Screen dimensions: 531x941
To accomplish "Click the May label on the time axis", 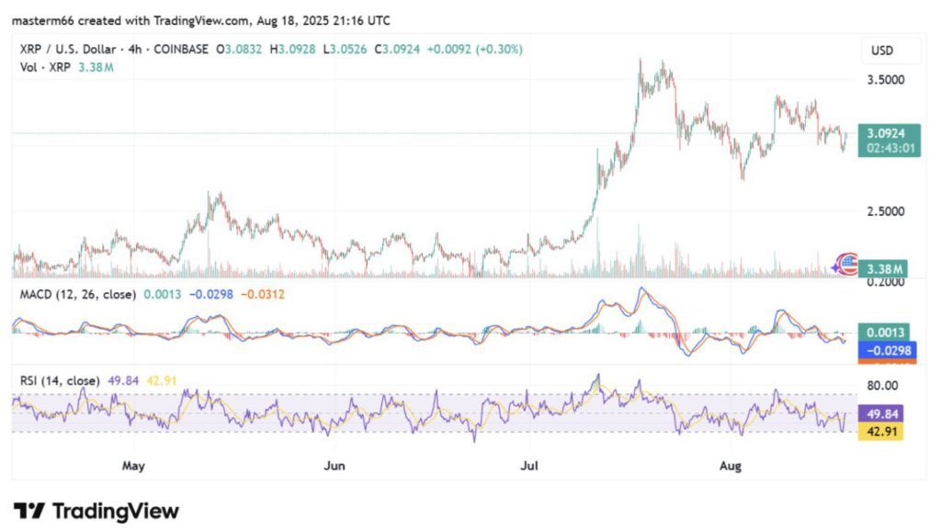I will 135,466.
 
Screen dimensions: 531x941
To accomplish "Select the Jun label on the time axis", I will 334,466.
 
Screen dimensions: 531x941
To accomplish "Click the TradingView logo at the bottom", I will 96,511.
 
